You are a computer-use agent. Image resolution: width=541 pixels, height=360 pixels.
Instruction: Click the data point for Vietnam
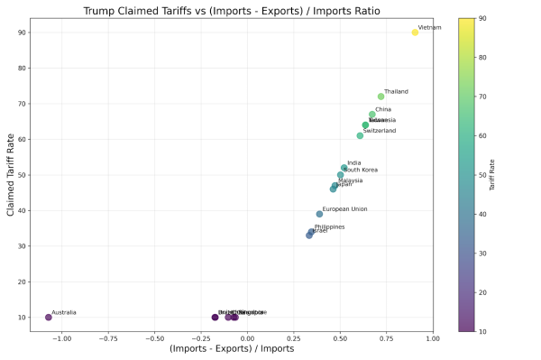[x=415, y=32]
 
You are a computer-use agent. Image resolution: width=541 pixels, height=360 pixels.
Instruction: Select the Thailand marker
[x=381, y=97]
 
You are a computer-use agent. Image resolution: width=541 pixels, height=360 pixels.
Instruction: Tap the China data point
[x=371, y=115]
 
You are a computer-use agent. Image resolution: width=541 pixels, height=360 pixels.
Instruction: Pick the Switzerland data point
[x=360, y=135]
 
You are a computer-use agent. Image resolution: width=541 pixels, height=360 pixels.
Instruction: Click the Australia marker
[x=49, y=317]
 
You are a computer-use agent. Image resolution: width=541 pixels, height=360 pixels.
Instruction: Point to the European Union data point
[x=319, y=214]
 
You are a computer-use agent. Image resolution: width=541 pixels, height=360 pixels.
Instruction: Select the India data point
[x=344, y=168]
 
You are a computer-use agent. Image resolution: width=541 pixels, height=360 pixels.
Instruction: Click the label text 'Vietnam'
[x=430, y=28]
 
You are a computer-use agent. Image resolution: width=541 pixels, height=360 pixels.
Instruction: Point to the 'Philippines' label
[x=329, y=227]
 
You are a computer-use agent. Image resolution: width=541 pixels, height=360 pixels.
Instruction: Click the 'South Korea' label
[x=361, y=170]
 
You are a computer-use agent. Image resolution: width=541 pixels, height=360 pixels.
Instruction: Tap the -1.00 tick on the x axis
[x=61, y=338]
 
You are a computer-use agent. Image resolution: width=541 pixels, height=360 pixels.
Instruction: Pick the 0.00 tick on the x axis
[x=247, y=338]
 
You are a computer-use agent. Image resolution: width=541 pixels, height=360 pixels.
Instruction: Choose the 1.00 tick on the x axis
[x=433, y=338]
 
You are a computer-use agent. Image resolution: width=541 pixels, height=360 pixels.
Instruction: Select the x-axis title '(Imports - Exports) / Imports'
[x=231, y=349]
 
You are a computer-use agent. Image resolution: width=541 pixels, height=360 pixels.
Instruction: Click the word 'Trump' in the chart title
[x=101, y=11]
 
